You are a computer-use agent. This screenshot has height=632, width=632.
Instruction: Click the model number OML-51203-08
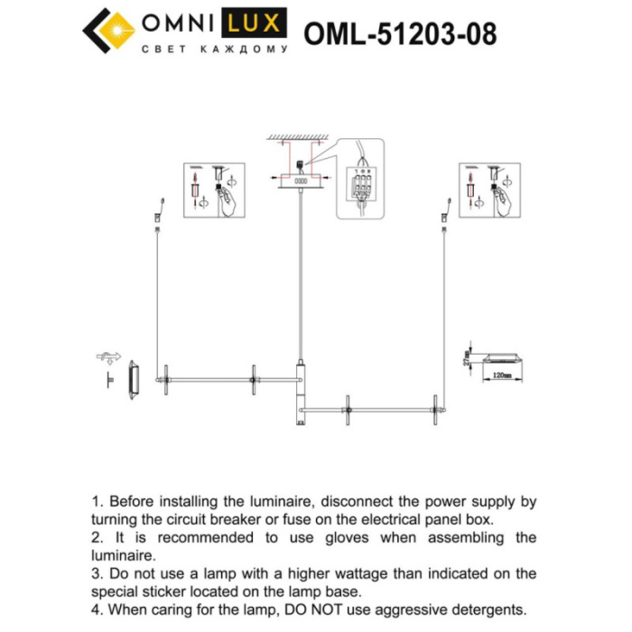coord(400,33)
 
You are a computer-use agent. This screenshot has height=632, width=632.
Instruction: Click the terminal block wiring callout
coord(361,180)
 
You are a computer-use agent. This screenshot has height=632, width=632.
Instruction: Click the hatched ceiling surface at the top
coord(299,136)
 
